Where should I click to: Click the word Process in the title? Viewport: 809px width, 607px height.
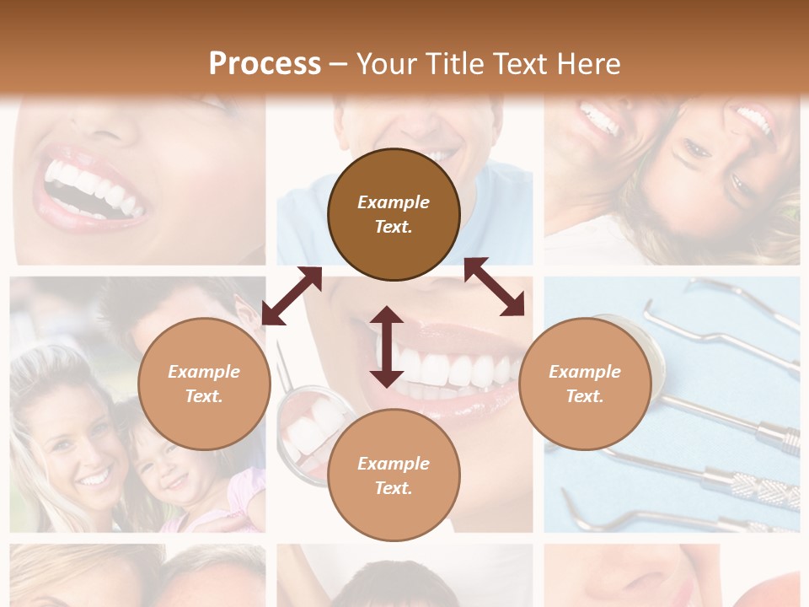(x=265, y=63)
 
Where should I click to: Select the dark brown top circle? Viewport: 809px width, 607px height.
(x=394, y=214)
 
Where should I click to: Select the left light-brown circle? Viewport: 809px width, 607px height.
(x=204, y=384)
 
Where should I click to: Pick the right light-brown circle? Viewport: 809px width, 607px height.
(x=584, y=384)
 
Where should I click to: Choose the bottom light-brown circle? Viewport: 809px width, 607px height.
(x=394, y=475)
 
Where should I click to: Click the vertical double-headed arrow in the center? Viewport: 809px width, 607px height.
(x=387, y=346)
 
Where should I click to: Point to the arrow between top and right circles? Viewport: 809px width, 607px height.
(x=495, y=287)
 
